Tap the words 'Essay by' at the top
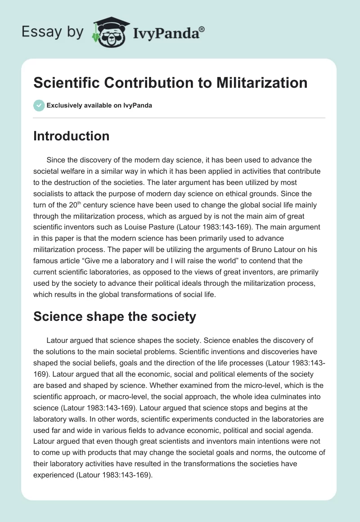(52, 32)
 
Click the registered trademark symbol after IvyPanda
(202, 29)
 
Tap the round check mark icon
(39, 106)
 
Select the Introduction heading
(71, 136)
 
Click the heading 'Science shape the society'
(115, 316)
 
